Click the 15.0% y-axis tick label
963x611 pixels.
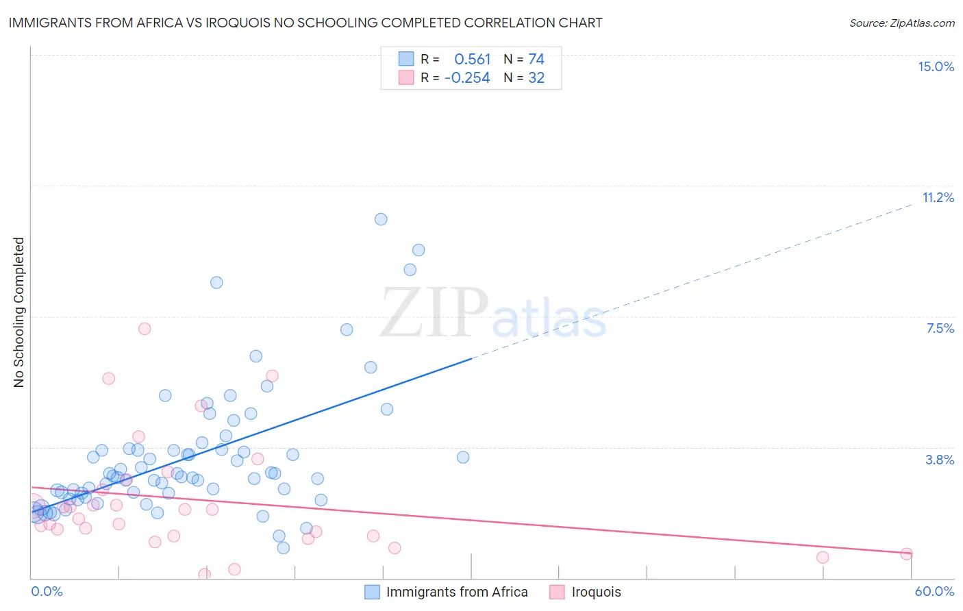click(936, 66)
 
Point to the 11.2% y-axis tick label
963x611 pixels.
click(938, 197)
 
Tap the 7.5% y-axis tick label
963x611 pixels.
click(940, 328)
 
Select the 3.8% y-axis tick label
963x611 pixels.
click(940, 460)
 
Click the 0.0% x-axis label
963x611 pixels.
click(47, 591)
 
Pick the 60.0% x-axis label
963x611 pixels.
click(934, 591)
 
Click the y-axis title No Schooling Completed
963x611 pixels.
click(18, 312)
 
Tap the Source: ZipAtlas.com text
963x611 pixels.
click(901, 23)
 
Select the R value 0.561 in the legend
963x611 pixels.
click(473, 59)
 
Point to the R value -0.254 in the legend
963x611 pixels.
click(467, 78)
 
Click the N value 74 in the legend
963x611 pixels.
click(536, 59)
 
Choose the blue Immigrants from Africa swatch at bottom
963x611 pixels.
click(372, 592)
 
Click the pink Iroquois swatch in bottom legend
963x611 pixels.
click(557, 592)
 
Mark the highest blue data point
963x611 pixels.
click(381, 219)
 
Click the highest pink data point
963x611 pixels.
click(145, 329)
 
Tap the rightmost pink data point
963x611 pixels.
click(907, 553)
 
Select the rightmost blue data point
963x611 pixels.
click(463, 457)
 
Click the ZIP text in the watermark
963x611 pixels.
click(434, 312)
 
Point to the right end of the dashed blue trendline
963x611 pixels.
click(912, 205)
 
